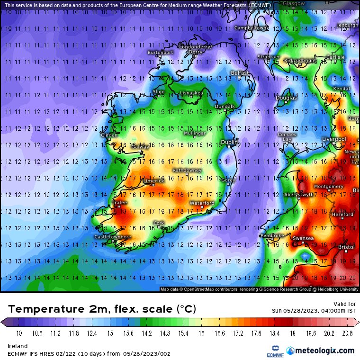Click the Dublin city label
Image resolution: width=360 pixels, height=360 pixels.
[229, 142]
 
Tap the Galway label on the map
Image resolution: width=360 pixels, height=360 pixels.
[140, 147]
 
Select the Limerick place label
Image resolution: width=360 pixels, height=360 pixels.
[154, 180]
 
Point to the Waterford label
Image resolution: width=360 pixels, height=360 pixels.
[202, 203]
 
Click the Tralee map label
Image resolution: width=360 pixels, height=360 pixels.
[119, 202]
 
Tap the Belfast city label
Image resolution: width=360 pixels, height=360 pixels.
[240, 73]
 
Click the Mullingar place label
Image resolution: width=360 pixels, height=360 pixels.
[195, 133]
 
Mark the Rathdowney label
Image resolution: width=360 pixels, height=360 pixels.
[187, 170]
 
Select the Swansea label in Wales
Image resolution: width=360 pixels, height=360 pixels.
[303, 238]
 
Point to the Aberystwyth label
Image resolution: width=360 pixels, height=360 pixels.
[298, 195]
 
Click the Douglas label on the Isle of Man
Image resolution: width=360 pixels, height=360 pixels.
[286, 98]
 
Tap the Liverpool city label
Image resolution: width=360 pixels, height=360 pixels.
[334, 139]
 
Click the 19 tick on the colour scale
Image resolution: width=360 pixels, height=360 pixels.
[293, 333]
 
